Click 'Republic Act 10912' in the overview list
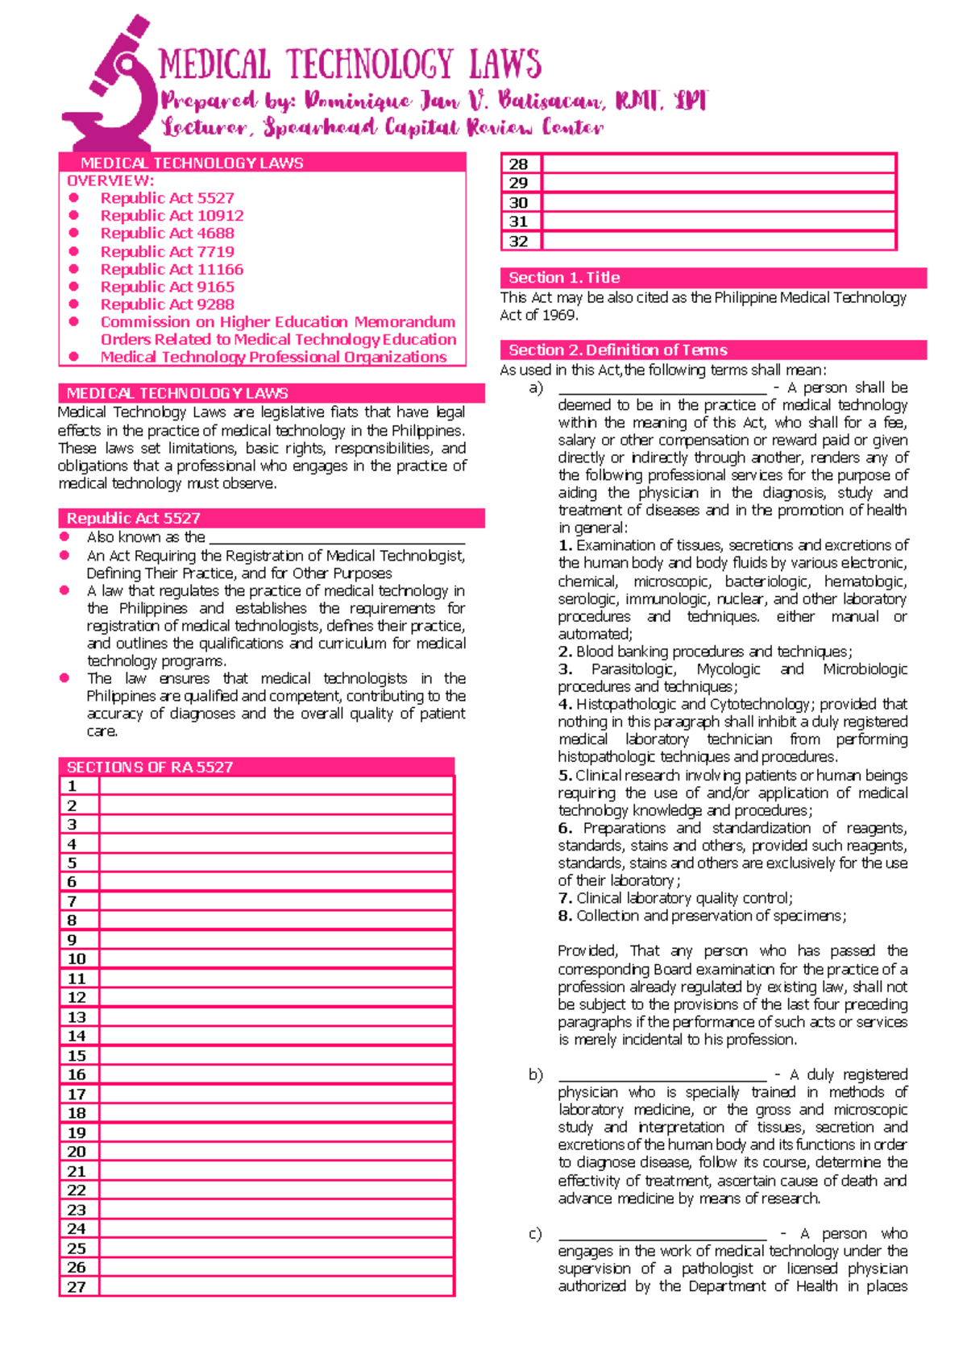click(x=172, y=216)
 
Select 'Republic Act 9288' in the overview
click(x=167, y=304)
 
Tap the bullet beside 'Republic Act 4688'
click(x=74, y=233)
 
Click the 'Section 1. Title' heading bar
click(x=712, y=278)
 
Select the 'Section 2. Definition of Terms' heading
click(x=712, y=350)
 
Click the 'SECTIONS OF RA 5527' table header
click(x=256, y=767)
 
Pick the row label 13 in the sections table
click(x=77, y=1017)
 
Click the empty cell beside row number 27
click(x=276, y=1287)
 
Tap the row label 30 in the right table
click(x=519, y=203)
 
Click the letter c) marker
click(x=535, y=1234)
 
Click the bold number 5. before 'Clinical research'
click(x=565, y=776)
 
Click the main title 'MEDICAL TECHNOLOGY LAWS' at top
click(x=350, y=64)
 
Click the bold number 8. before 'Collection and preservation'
click(x=565, y=916)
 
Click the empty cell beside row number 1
click(x=276, y=787)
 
